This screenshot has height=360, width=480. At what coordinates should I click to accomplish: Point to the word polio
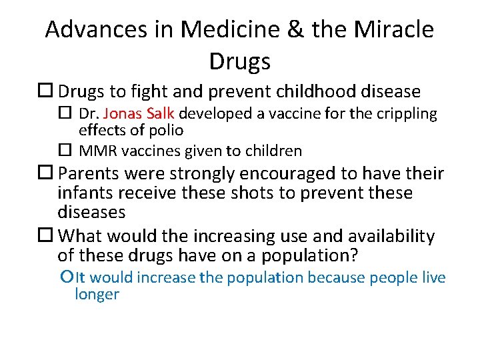[168, 130]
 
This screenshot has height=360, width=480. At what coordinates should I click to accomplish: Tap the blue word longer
[97, 294]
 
